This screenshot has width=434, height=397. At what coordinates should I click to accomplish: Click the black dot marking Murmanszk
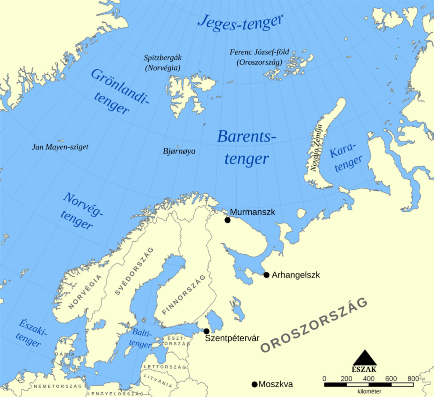tap(227, 220)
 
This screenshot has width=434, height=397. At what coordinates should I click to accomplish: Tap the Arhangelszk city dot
tap(266, 275)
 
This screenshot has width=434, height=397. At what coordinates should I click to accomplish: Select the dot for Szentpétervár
tap(206, 331)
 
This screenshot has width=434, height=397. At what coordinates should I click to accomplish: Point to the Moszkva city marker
tap(254, 384)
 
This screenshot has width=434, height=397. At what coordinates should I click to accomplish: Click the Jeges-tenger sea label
tap(240, 23)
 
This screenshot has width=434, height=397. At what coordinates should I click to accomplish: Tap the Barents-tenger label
tap(247, 147)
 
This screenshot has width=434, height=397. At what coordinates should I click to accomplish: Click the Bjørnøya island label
tap(179, 151)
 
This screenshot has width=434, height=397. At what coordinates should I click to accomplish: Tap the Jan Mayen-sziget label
tap(60, 147)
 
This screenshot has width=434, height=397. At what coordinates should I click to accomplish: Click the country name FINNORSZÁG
tap(184, 295)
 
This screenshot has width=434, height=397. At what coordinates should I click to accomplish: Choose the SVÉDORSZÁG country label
tap(134, 271)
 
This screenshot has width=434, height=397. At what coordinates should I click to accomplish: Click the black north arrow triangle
tap(365, 358)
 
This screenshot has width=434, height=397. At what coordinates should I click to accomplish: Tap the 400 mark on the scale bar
tap(369, 379)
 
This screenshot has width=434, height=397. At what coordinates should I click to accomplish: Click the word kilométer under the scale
tap(369, 391)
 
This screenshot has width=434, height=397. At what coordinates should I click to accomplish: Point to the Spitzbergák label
tap(163, 58)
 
